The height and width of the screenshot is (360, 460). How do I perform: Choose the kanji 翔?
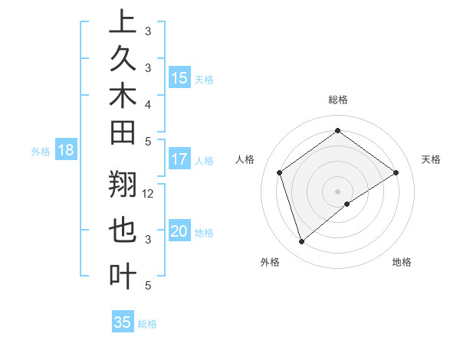coord(123,186)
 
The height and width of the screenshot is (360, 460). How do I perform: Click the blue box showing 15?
coord(179,77)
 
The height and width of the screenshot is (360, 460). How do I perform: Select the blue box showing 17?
coord(179,159)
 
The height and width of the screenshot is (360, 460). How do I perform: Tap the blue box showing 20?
coord(179,232)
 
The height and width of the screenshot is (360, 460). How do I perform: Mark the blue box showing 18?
coord(65,150)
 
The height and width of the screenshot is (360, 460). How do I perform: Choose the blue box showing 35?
coord(123,322)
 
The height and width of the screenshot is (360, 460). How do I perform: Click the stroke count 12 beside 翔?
coord(149,194)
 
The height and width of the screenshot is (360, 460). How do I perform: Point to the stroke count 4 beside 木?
coord(147,103)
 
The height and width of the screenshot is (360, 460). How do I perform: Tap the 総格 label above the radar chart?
coord(337,100)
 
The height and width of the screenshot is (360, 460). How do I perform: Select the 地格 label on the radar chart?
coord(402,262)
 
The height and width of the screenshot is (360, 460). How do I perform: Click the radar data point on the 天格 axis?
coord(396,172)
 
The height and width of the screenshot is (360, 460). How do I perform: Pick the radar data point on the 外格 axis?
coord(301,242)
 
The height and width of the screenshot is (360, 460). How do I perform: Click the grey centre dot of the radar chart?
coord(337,191)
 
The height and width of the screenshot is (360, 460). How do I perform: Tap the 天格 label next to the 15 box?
coord(204,79)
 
